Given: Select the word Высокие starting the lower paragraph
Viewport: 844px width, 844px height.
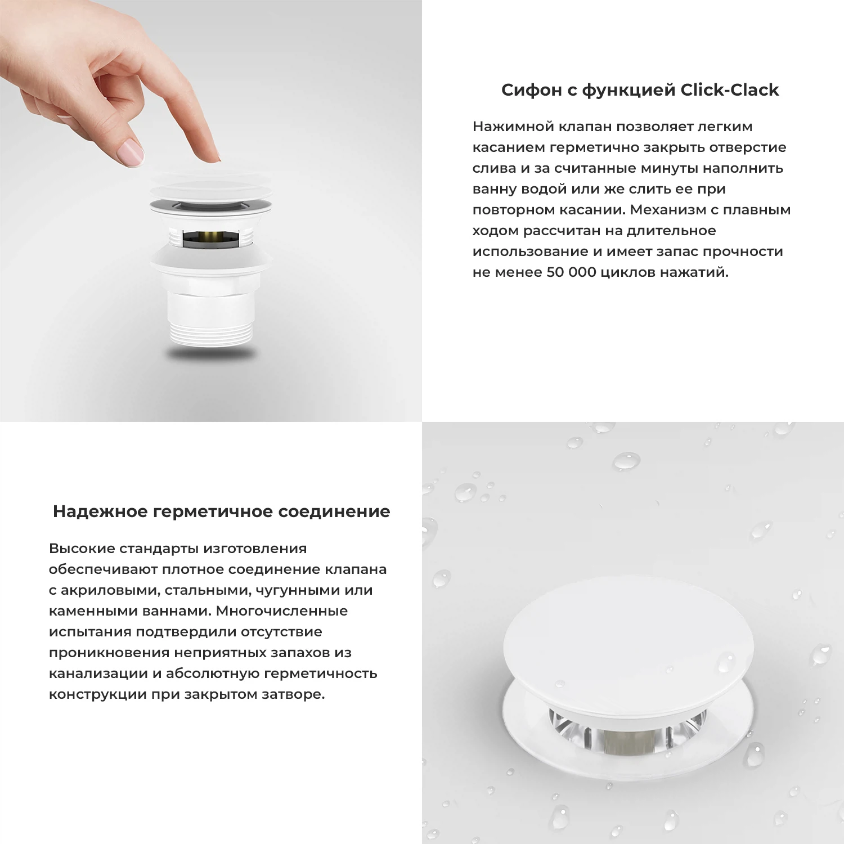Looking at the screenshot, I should click(x=83, y=549).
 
